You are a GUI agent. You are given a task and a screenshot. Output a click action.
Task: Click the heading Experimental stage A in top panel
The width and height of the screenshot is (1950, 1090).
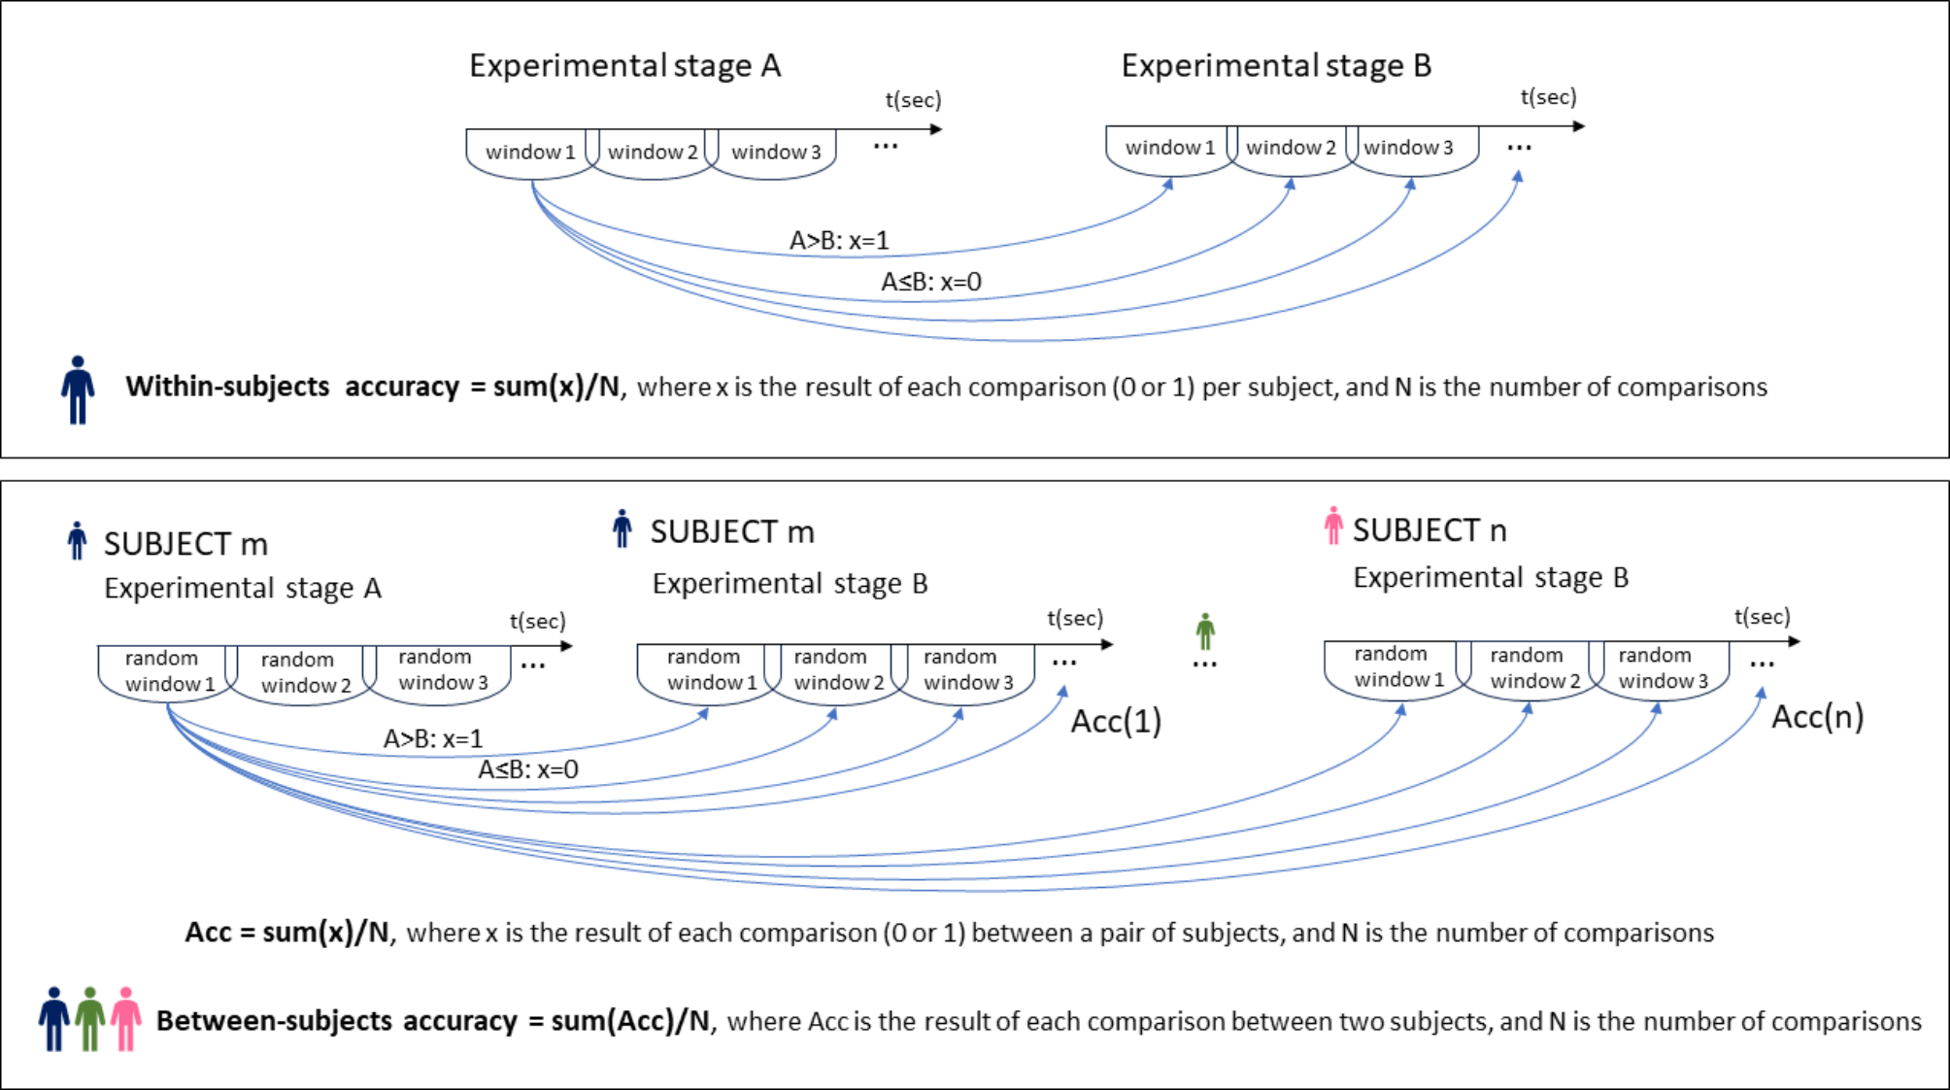pyautogui.click(x=624, y=66)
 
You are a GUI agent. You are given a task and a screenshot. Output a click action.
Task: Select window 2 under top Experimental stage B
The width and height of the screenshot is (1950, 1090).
pyautogui.click(x=1291, y=148)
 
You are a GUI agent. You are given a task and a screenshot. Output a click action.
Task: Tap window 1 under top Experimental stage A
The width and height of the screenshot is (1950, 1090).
pyautogui.click(x=530, y=153)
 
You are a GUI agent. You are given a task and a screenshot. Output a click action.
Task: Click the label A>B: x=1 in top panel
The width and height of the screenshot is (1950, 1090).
pyautogui.click(x=839, y=240)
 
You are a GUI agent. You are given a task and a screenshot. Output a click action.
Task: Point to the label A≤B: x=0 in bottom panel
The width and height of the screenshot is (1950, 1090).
pyautogui.click(x=527, y=769)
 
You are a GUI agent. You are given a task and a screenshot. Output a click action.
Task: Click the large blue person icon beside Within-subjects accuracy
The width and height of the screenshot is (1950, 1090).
pyautogui.click(x=78, y=390)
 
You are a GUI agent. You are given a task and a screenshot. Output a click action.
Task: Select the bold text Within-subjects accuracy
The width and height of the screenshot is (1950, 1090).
pyautogui.click(x=291, y=387)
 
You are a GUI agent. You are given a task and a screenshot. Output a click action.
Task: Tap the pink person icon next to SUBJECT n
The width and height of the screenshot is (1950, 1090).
pyautogui.click(x=1333, y=526)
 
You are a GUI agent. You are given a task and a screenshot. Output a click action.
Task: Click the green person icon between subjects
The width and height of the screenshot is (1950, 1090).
pyautogui.click(x=1205, y=631)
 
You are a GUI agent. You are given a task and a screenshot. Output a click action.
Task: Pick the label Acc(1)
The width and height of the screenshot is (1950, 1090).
pyautogui.click(x=1116, y=722)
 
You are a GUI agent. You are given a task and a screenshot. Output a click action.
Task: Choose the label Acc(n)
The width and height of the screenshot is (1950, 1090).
pyautogui.click(x=1817, y=717)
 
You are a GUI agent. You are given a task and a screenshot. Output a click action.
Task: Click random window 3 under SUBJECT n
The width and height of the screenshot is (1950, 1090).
pyautogui.click(x=1662, y=667)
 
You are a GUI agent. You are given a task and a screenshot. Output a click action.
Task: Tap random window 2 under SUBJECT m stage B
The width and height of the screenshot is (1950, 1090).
pyautogui.click(x=837, y=669)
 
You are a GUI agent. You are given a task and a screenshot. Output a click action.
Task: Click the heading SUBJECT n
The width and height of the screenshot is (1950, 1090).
pyautogui.click(x=1429, y=530)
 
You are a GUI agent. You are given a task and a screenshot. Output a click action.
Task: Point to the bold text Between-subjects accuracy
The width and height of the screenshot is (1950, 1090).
pyautogui.click(x=337, y=1021)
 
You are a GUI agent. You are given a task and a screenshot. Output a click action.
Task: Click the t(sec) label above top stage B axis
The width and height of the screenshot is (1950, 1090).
pyautogui.click(x=1548, y=97)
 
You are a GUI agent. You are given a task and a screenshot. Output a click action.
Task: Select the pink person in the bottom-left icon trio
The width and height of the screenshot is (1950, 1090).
pyautogui.click(x=125, y=1018)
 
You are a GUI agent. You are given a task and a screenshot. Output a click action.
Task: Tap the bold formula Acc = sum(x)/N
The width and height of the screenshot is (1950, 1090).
pyautogui.click(x=287, y=933)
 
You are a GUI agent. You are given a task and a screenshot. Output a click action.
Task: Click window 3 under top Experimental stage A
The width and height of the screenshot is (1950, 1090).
pyautogui.click(x=775, y=153)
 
